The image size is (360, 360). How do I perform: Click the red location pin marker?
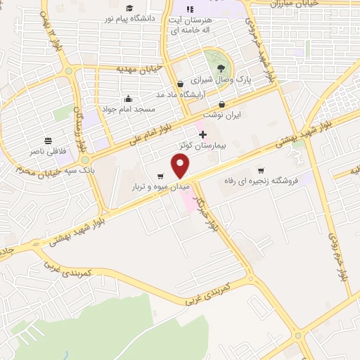181,166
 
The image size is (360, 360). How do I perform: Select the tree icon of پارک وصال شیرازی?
222,68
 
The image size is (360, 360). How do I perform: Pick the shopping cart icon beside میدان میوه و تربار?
161,176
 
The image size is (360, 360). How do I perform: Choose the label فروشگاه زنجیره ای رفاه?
260,181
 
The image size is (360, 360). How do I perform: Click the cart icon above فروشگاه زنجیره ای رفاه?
261,170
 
